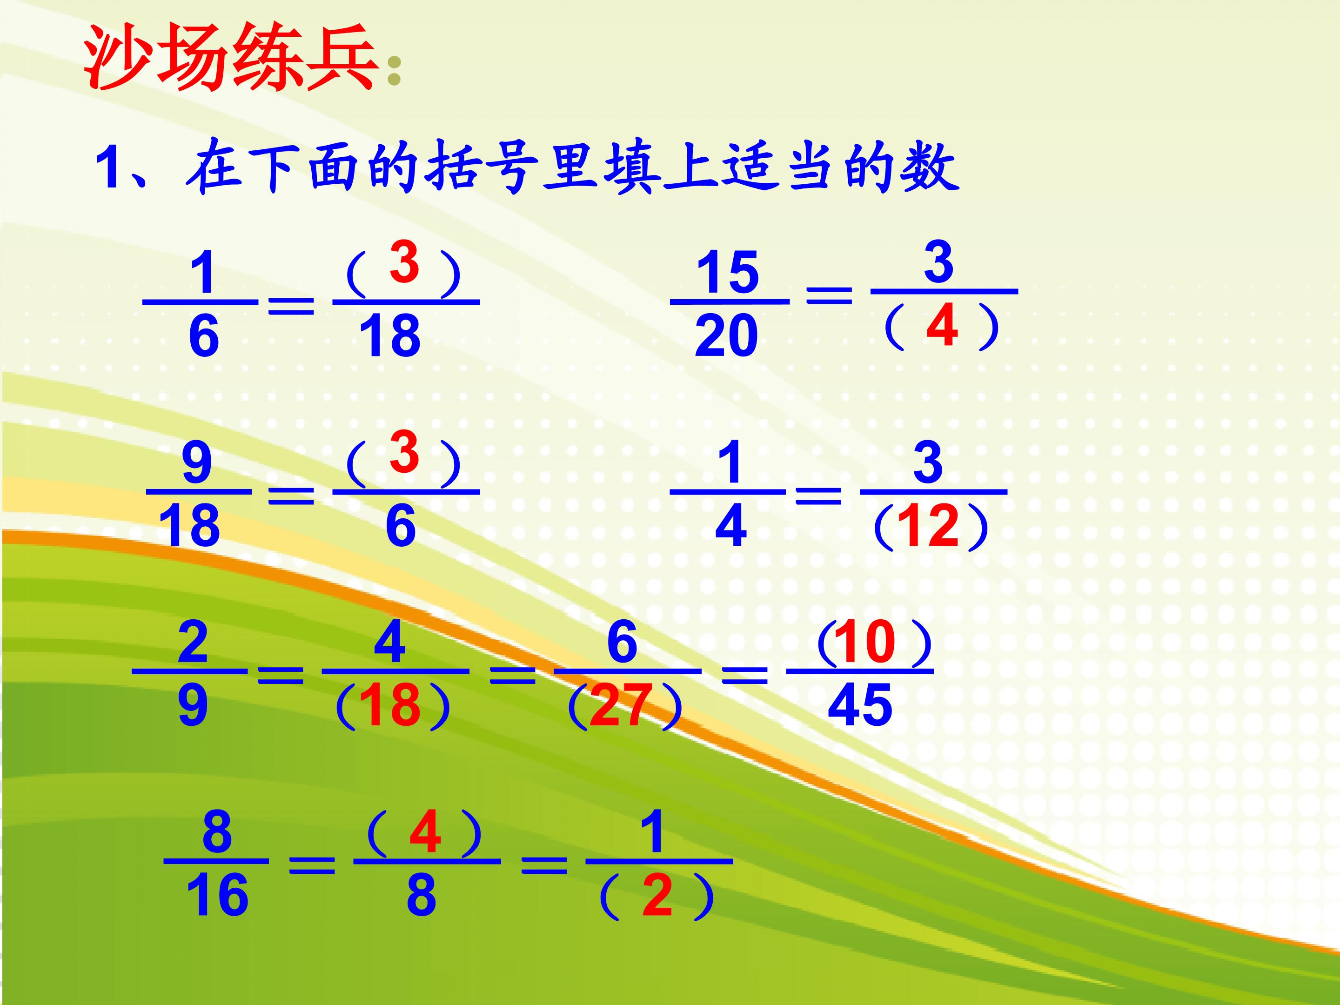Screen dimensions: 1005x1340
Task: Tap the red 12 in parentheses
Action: [928, 526]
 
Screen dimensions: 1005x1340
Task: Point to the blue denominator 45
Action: [860, 706]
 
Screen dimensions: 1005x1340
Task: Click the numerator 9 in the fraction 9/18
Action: [197, 463]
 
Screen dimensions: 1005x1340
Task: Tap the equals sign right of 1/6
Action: [291, 306]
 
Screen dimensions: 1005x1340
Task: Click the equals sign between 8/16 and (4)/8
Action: [311, 865]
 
